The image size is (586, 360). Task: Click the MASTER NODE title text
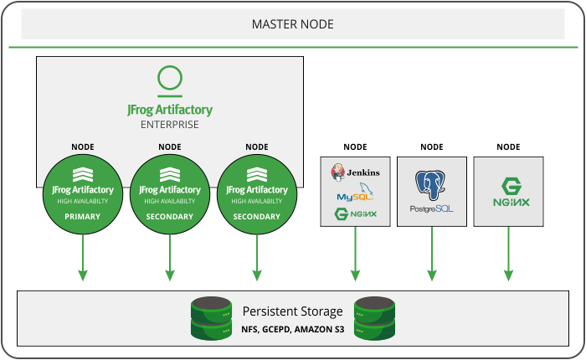click(293, 24)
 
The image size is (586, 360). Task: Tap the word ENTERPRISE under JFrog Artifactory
click(169, 125)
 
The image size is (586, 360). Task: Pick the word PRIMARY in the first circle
click(82, 217)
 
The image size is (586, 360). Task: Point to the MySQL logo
click(355, 195)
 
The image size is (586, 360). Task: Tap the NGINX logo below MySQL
click(355, 214)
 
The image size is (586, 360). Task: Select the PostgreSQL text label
click(432, 208)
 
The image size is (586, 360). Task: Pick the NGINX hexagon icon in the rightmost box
click(509, 186)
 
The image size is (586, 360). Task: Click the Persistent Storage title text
click(292, 311)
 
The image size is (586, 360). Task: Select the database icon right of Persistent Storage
click(373, 317)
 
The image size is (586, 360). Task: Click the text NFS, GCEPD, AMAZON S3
click(292, 328)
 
